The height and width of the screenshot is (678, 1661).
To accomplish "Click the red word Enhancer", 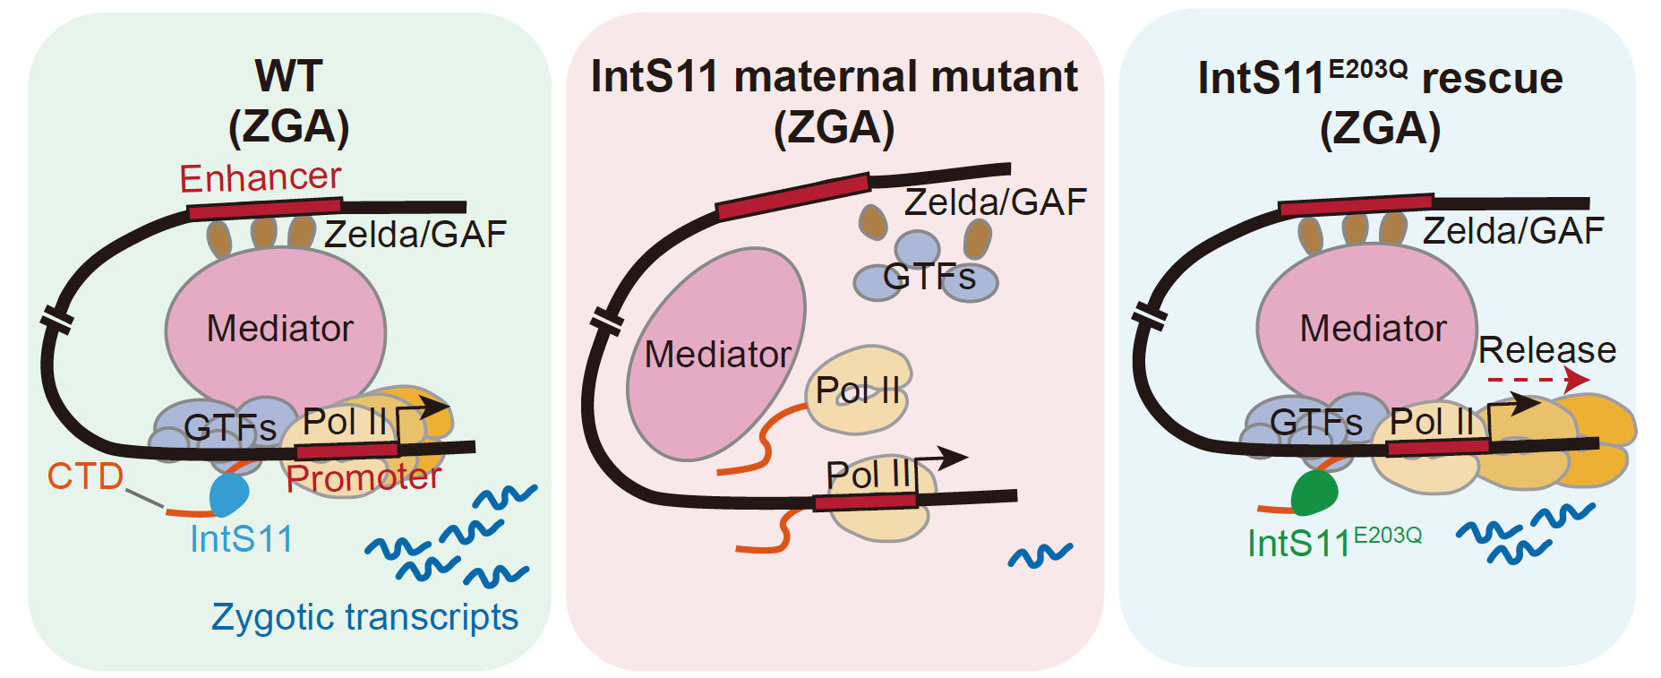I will [x=260, y=178].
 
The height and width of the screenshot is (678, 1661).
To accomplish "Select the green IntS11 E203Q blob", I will [x=1314, y=493].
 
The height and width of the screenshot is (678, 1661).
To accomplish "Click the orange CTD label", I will [x=85, y=476].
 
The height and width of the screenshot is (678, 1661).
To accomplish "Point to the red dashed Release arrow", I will [x=1537, y=380].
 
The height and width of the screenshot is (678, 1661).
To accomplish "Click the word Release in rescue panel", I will [x=1546, y=349].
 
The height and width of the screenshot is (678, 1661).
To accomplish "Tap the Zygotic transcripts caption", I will [x=364, y=617].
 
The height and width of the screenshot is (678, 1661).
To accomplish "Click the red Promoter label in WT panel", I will [x=364, y=478].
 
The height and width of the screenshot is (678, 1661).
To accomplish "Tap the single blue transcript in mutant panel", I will [x=1040, y=556].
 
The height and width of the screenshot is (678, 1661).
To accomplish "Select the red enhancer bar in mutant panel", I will [x=792, y=197].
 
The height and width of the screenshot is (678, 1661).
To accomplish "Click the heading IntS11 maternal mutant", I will [x=834, y=77].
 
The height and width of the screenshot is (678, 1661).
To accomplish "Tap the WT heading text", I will [x=288, y=77].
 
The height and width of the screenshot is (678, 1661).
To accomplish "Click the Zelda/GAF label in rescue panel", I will [x=1512, y=231].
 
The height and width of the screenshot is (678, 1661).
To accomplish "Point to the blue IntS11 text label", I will [x=242, y=539].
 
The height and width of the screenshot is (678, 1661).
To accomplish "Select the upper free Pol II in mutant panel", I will [x=858, y=390].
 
